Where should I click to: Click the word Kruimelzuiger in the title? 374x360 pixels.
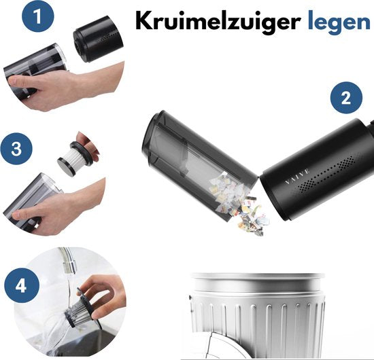pos(218,22)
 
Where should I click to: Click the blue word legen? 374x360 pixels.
pos(339,22)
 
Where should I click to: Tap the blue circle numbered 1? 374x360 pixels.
pos(38,16)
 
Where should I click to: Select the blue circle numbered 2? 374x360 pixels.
pos(346,98)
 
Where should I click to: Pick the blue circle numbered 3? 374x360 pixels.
pos(16,149)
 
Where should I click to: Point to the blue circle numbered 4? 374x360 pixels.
pos(21,285)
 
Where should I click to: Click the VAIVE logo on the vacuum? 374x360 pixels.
pos(298,177)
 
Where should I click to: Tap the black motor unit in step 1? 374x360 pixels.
pos(98,39)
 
